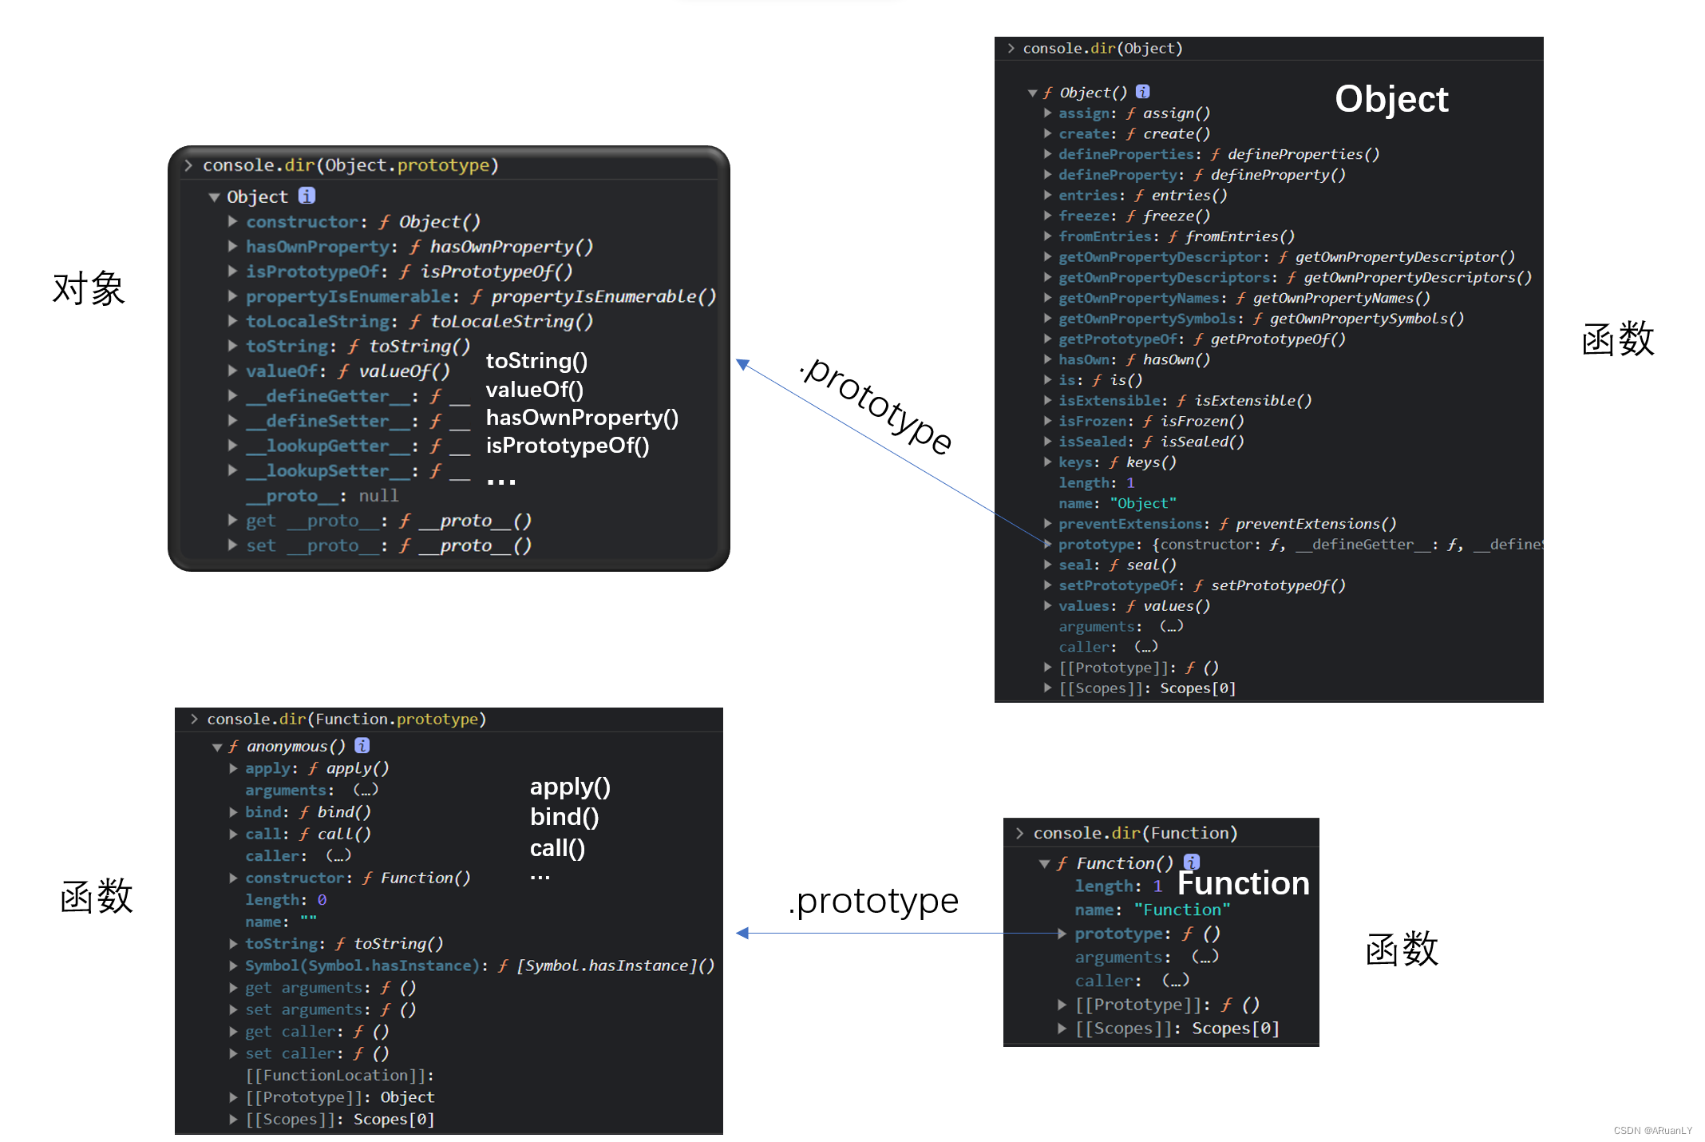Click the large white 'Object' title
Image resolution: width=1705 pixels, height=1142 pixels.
pos(1391,100)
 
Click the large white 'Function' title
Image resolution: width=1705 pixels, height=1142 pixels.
pos(1243,883)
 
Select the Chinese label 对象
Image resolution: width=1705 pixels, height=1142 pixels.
pos(89,288)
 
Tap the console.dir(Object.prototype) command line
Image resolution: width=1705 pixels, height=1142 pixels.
pos(350,165)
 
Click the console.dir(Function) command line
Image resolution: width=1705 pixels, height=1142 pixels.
pos(1134,833)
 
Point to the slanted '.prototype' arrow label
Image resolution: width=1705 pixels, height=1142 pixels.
pos(876,406)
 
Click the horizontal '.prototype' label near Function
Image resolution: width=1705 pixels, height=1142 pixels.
pos(873,902)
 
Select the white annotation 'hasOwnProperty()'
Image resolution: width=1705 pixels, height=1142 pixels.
pos(582,418)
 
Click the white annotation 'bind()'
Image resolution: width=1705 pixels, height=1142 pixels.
pos(564,817)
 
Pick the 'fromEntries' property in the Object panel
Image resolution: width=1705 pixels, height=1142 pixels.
pos(1106,236)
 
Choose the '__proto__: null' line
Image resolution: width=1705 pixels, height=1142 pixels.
pos(322,496)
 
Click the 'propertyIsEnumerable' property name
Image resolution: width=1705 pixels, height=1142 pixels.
pos(348,296)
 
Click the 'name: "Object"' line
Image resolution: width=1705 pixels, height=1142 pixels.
pos(1117,503)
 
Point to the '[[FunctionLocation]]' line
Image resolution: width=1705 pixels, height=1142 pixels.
pos(339,1075)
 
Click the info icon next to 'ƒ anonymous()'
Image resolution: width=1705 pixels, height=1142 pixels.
pos(362,745)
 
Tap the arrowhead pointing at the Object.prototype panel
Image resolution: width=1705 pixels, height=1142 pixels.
pos(742,364)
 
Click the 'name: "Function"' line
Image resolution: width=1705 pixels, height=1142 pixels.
pos(1152,910)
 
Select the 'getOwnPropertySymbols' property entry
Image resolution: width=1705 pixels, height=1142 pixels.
pos(1147,319)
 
